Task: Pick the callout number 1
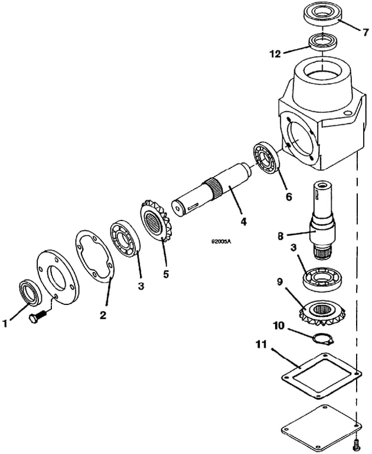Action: pyautogui.click(x=7, y=323)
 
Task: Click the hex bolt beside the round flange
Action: pyautogui.click(x=36, y=318)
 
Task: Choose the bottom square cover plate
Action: pyautogui.click(x=319, y=424)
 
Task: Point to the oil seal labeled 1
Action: pyautogui.click(x=27, y=291)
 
